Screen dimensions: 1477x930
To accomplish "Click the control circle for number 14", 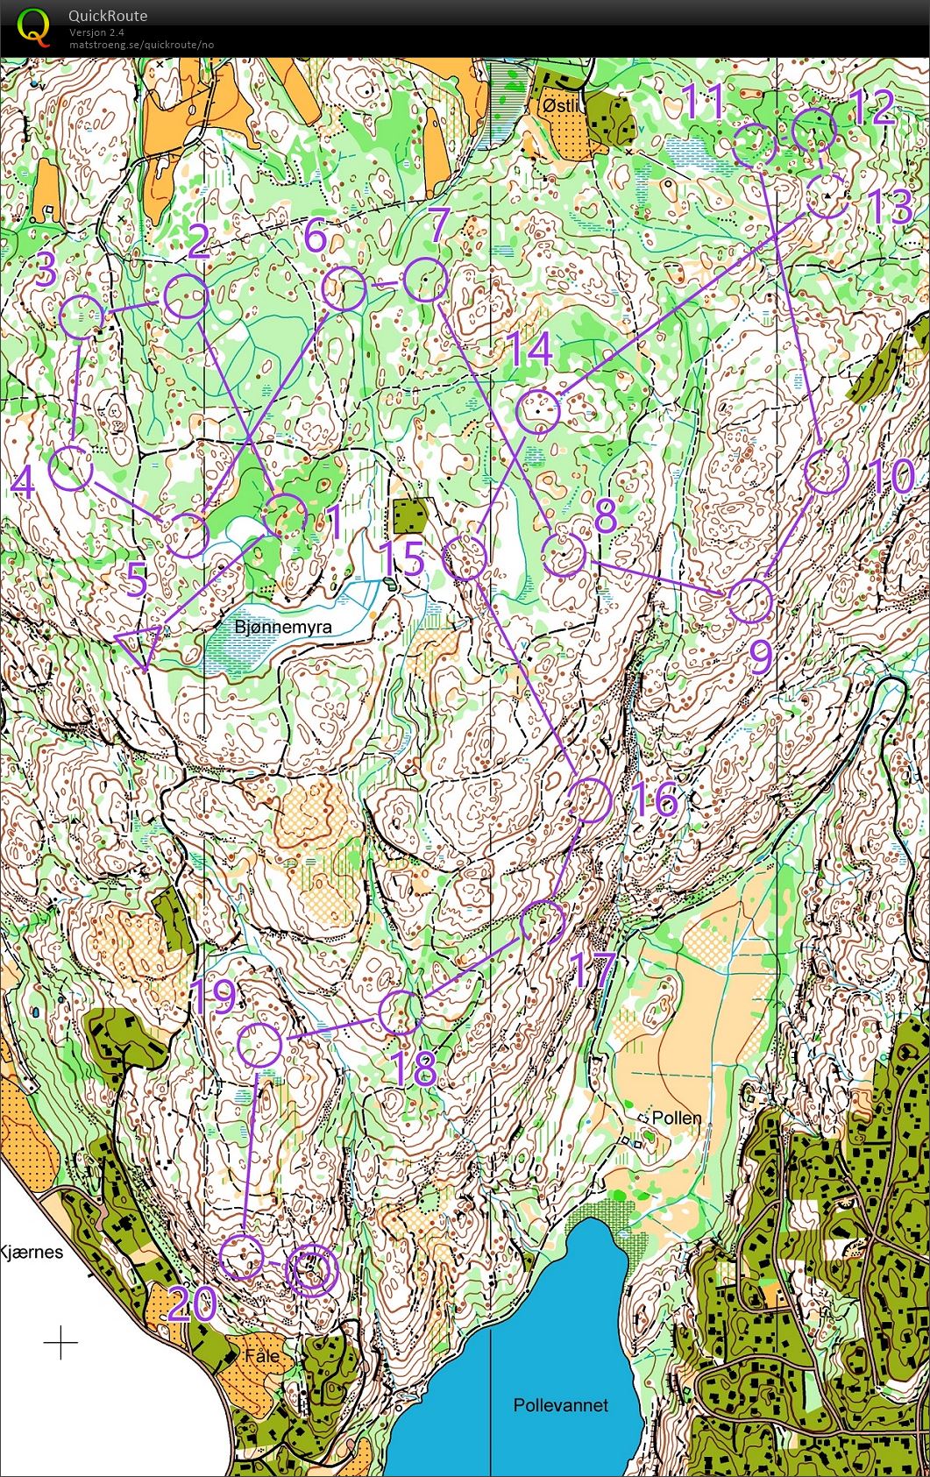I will pos(537,412).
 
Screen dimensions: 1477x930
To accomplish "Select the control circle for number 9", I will pos(750,600).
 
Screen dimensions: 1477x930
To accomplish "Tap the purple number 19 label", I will pos(213,997).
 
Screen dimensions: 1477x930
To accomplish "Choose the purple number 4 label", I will pos(23,481).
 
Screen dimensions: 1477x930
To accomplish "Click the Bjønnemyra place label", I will pos(284,628).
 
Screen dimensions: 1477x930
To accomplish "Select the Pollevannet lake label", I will pos(561,1404).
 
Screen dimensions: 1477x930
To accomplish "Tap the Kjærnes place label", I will pos(32,1252).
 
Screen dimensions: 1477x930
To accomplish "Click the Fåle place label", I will pos(263,1355).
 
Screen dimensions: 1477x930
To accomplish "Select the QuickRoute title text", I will pos(108,16).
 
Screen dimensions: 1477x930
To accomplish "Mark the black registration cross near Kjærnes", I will pos(60,1342).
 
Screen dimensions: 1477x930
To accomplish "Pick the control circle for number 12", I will pos(814,130).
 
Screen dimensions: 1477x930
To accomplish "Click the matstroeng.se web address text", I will pos(141,45).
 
